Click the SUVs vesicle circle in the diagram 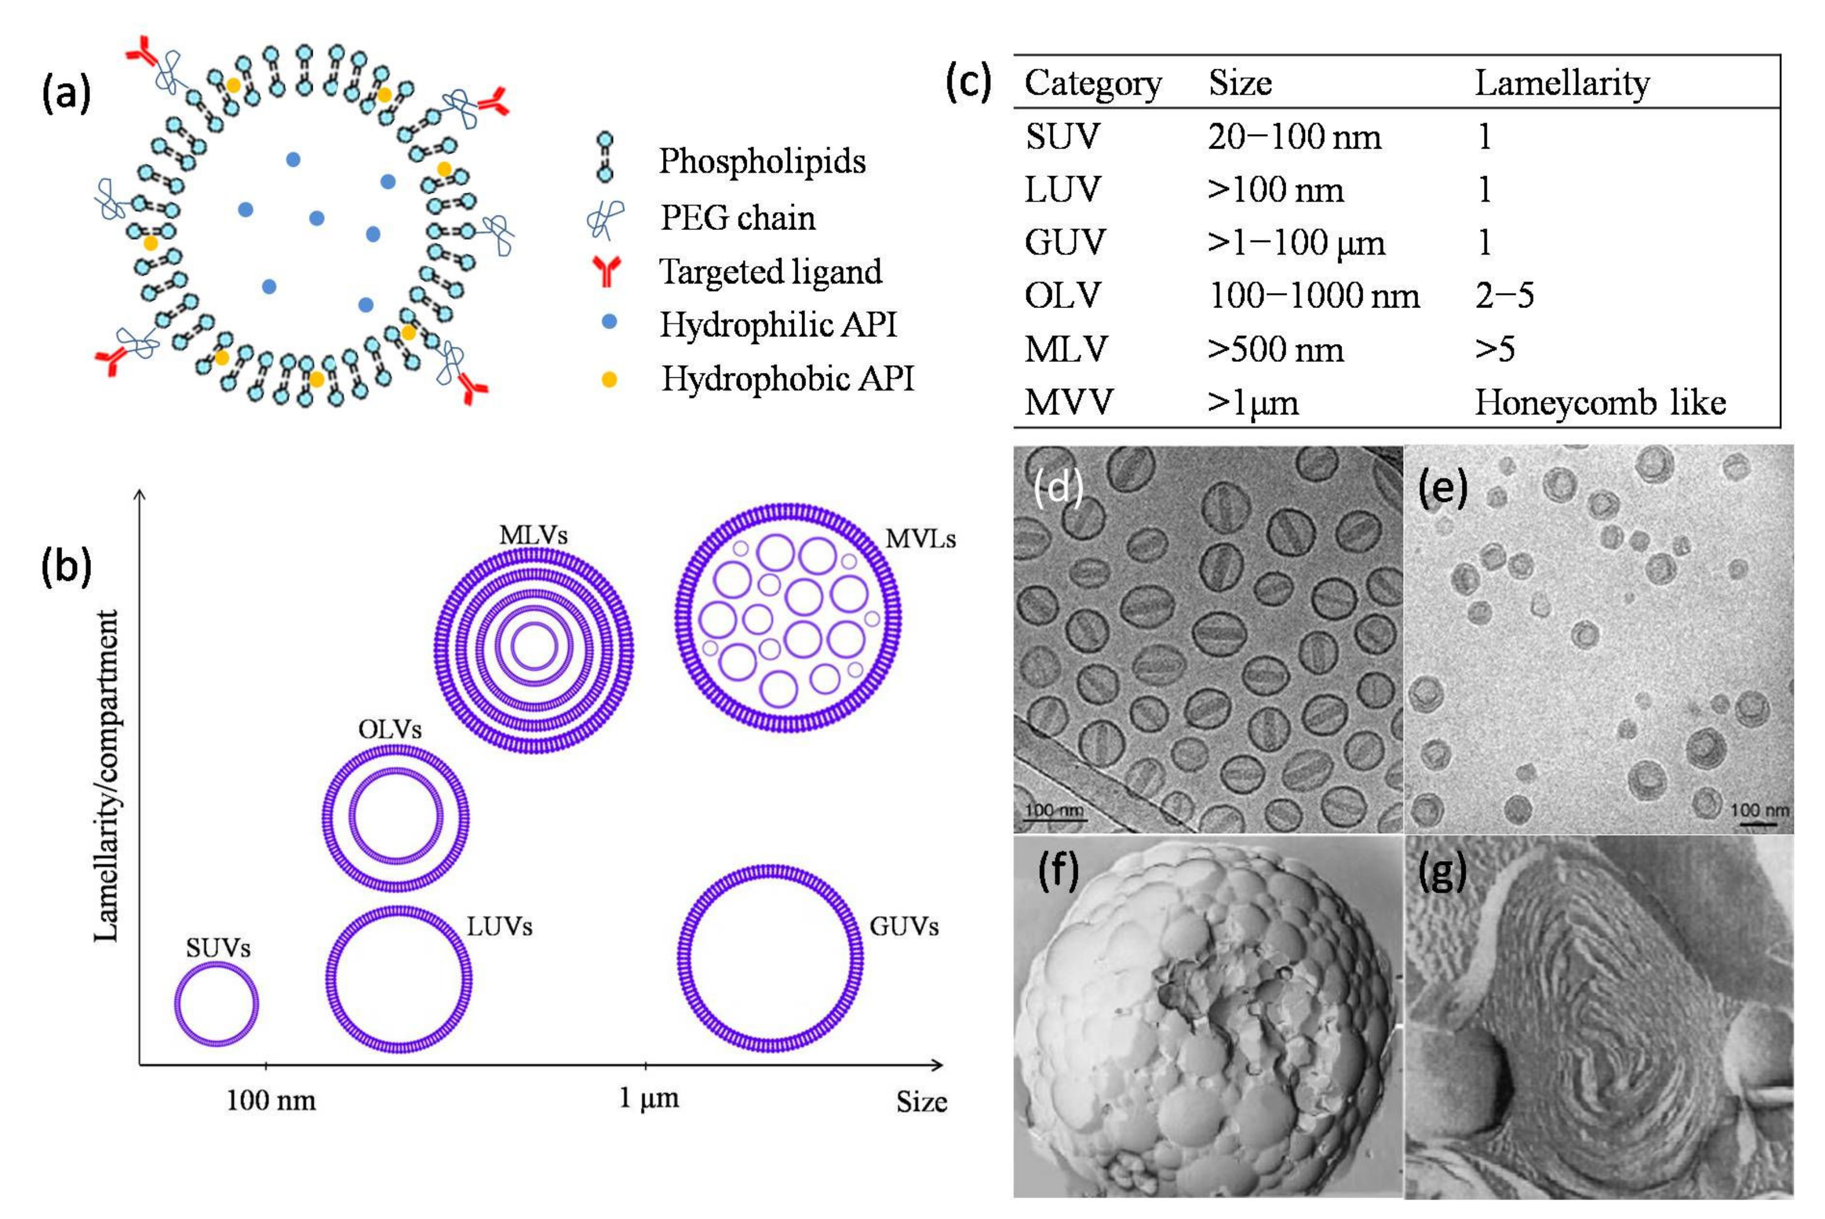216,1003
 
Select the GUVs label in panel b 904,926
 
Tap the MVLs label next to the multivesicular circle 921,539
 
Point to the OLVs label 390,729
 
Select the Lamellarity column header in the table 1562,83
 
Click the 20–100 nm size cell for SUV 1294,137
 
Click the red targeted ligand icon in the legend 606,272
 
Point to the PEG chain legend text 737,218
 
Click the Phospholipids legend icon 604,158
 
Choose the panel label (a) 66,93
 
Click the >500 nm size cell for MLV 1275,350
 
